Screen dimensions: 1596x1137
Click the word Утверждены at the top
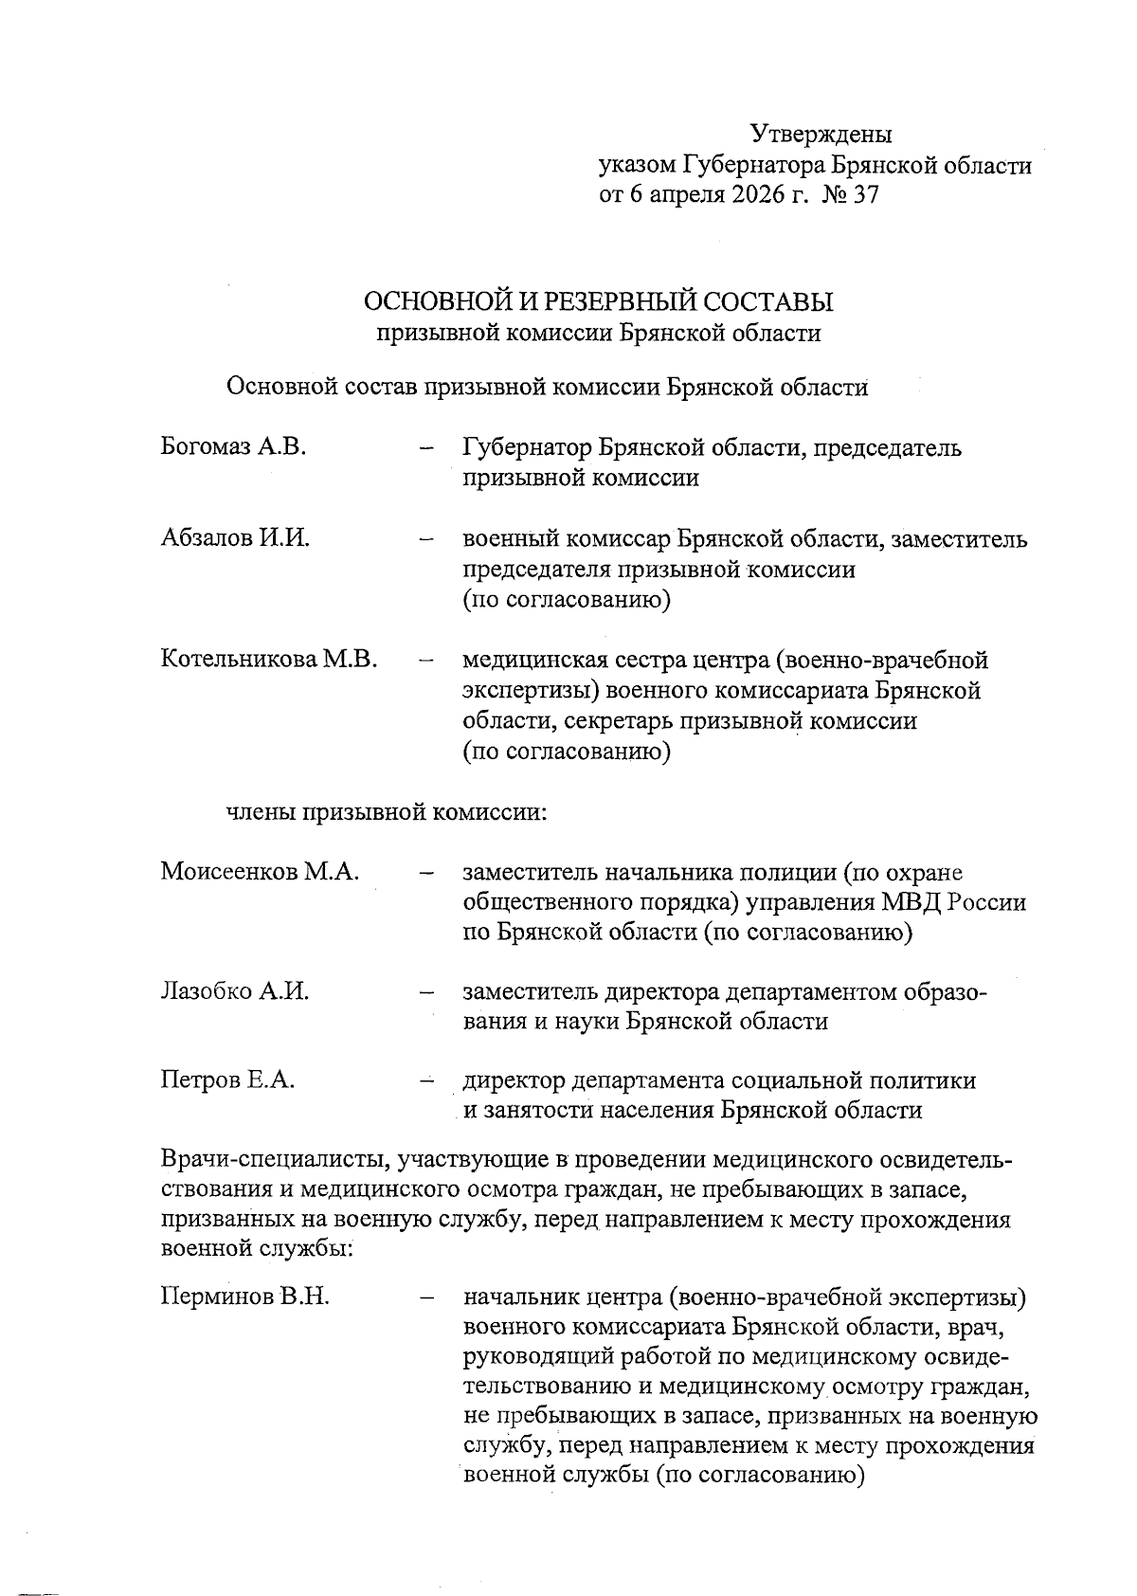point(821,135)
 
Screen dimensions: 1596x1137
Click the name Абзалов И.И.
point(235,538)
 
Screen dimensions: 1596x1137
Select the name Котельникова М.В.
point(269,659)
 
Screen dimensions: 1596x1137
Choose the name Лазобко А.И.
point(234,991)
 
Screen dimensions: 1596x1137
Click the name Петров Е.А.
point(227,1079)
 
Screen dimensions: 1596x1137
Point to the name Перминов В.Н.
point(244,1296)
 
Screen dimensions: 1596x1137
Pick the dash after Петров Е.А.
point(425,1079)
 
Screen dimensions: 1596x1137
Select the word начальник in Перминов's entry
point(520,1296)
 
